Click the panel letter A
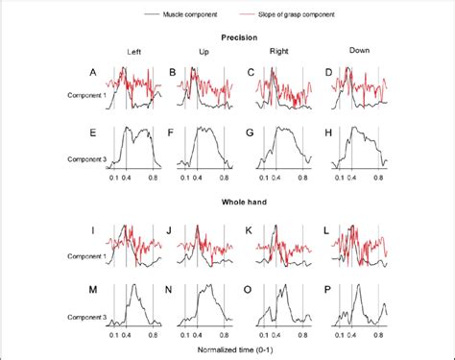(92, 72)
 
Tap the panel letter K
(251, 230)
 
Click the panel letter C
(251, 72)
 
